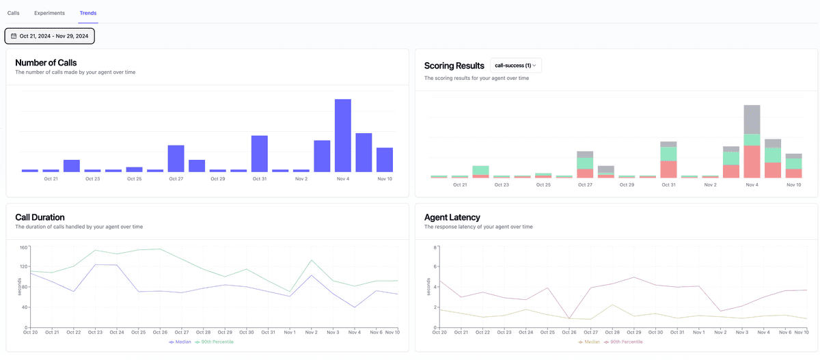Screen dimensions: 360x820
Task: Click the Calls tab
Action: click(x=14, y=13)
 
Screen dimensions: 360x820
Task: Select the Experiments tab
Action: click(x=49, y=13)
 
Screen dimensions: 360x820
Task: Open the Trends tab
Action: click(x=87, y=13)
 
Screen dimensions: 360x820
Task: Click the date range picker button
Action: click(x=50, y=36)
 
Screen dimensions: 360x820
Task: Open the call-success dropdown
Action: click(x=516, y=66)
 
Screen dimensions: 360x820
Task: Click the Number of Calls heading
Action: click(x=46, y=63)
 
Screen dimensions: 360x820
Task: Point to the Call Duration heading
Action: click(x=40, y=217)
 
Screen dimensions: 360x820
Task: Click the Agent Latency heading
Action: click(x=452, y=217)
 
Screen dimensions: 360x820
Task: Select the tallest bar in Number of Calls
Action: click(x=343, y=135)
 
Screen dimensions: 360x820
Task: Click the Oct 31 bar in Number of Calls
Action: click(x=260, y=154)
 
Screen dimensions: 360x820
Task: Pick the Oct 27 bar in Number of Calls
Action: click(x=176, y=158)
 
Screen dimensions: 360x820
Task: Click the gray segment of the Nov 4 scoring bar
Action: click(x=752, y=120)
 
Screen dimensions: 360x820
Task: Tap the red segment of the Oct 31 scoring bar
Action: click(x=668, y=169)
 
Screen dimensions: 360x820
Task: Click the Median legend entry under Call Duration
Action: click(x=180, y=342)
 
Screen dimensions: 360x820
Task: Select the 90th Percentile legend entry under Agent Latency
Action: click(x=623, y=342)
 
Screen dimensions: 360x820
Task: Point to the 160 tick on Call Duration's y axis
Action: click(x=23, y=247)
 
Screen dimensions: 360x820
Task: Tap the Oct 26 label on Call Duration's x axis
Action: click(x=160, y=332)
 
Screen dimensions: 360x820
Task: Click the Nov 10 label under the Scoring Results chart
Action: click(x=793, y=184)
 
